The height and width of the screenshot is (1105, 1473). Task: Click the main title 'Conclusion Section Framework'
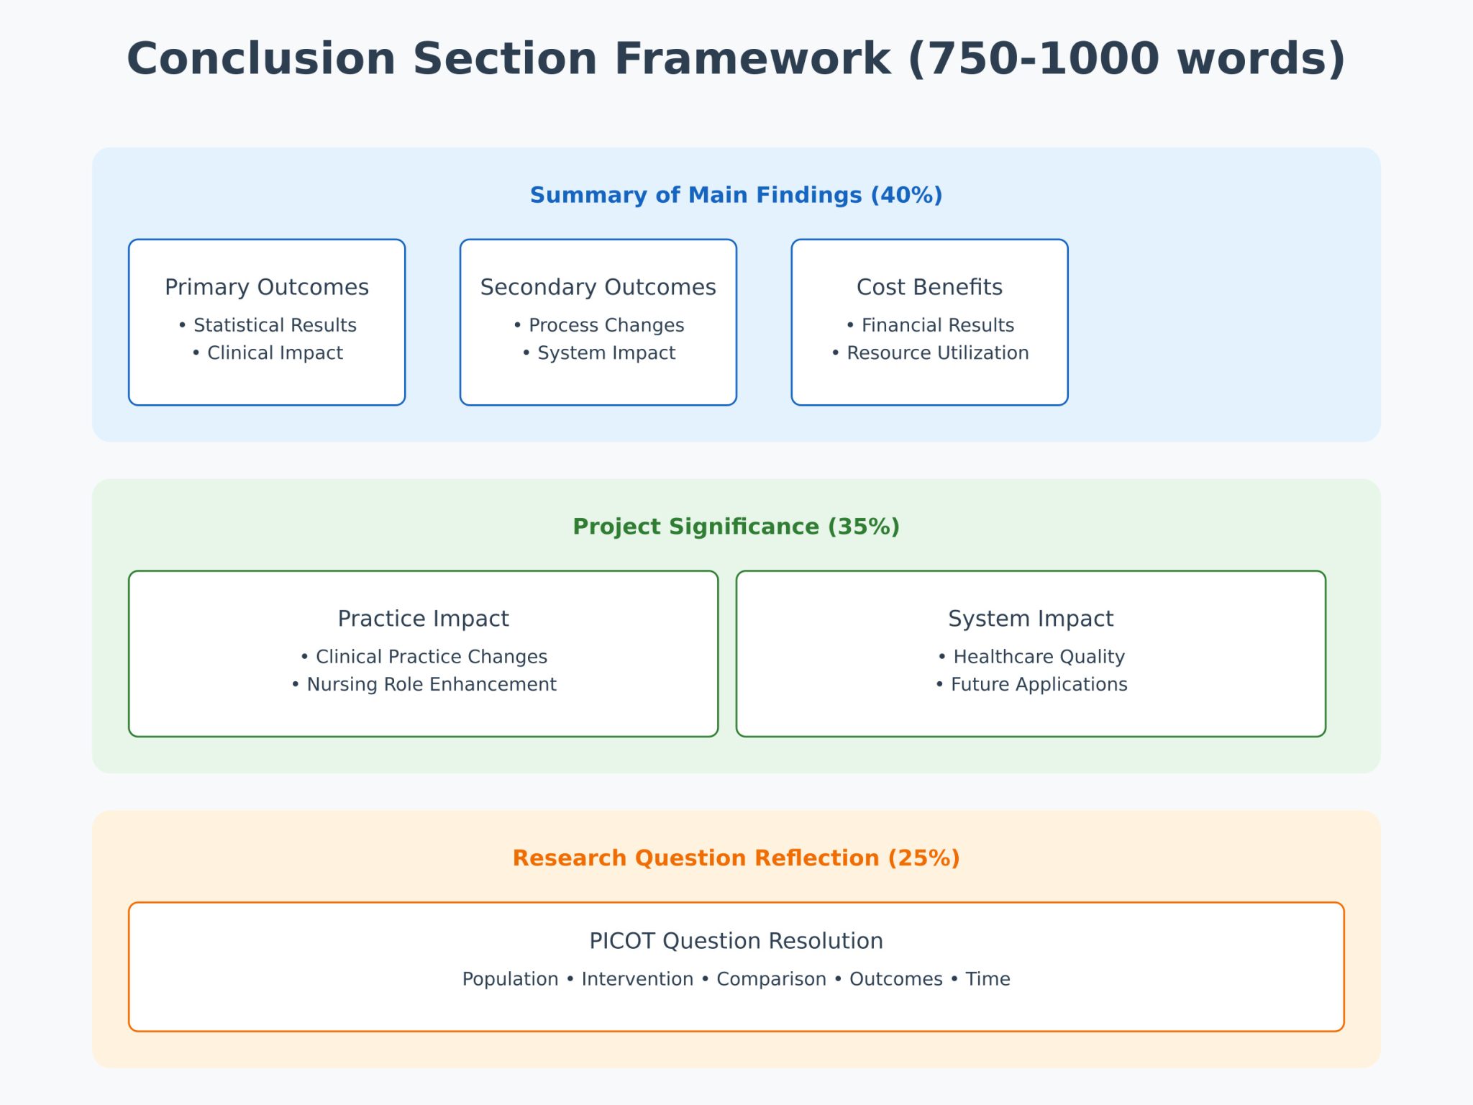point(735,59)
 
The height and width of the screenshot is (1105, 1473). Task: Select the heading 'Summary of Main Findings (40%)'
point(736,195)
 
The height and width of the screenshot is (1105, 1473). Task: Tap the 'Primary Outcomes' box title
point(266,287)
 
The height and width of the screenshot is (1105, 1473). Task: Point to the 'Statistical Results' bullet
point(274,325)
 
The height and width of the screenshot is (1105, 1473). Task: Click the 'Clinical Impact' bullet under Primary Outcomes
point(274,353)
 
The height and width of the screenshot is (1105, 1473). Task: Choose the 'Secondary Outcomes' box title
point(598,287)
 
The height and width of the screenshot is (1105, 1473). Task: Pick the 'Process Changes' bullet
point(606,325)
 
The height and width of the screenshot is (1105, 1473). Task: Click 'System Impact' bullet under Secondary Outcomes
point(606,353)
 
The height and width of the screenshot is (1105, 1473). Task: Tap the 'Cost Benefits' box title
point(929,287)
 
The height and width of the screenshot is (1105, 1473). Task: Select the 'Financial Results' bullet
point(937,325)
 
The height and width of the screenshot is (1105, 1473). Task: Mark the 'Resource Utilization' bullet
point(937,353)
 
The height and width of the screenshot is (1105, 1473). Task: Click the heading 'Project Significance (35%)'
point(736,527)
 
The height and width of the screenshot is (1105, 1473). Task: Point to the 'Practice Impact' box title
point(423,619)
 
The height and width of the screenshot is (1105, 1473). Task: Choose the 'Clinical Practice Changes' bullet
point(431,657)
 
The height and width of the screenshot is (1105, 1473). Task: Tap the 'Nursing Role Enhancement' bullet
point(431,684)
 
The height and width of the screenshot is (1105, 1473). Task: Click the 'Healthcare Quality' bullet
point(1039,657)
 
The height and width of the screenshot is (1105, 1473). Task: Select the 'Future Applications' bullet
point(1039,684)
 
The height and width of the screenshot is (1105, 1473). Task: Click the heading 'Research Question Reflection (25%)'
point(736,858)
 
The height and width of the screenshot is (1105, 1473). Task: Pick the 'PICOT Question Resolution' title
point(736,941)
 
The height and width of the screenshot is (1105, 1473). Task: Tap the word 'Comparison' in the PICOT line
point(771,979)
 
